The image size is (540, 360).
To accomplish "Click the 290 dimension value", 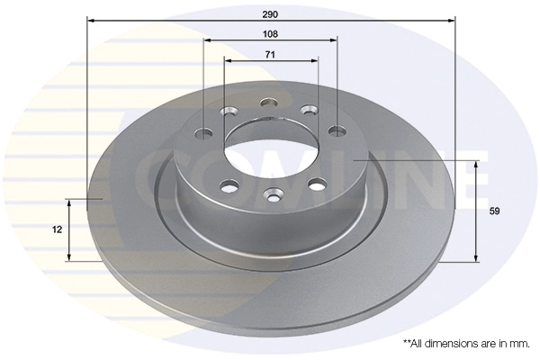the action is tap(270, 14).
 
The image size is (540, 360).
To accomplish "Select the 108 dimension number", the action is tap(270, 34).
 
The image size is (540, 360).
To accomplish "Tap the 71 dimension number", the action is tap(270, 54).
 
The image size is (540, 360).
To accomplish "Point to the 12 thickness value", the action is tap(58, 229).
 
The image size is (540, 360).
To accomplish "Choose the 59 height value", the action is tap(494, 211).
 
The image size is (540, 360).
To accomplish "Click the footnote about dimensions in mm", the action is tap(466, 346).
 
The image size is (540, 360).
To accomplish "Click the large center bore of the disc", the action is tap(272, 148).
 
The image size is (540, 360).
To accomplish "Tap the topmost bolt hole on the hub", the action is tap(269, 103).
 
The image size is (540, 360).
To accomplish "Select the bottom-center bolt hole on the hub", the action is tap(274, 196).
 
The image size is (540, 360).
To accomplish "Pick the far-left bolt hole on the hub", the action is tap(204, 134).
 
